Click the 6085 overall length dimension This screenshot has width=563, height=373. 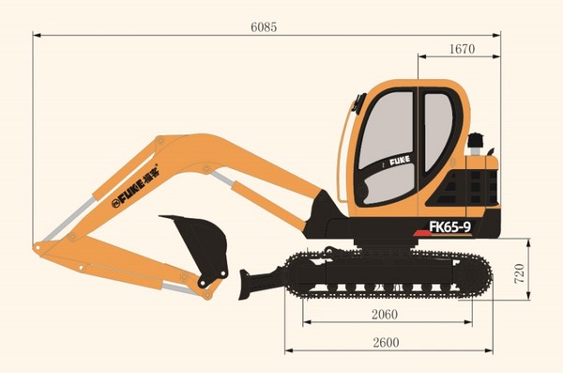(265, 27)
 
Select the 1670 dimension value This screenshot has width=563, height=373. (463, 49)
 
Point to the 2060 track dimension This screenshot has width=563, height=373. (386, 314)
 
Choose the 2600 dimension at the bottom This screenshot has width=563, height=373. (386, 342)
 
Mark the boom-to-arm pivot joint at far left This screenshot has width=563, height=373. (39, 248)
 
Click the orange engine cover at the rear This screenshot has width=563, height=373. (483, 188)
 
